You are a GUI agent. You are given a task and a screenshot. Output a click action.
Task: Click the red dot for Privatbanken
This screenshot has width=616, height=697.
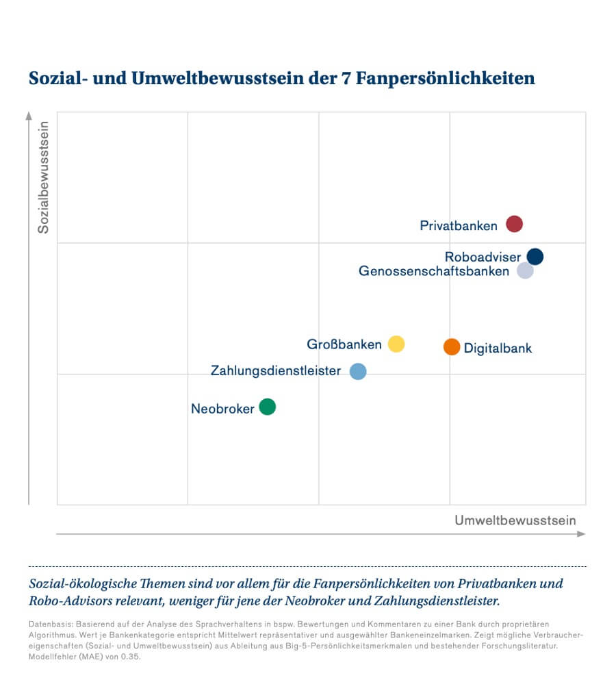click(514, 224)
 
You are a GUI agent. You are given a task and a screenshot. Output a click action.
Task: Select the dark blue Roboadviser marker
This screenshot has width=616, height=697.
click(535, 257)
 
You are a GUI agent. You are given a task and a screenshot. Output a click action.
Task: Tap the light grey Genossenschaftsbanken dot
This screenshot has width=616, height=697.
click(525, 270)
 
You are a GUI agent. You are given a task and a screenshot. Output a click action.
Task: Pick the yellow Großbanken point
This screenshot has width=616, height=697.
click(396, 344)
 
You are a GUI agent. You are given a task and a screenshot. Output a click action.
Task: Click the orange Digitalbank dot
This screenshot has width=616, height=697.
click(452, 347)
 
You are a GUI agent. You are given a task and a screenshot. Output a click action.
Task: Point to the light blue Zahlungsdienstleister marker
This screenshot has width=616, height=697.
click(358, 371)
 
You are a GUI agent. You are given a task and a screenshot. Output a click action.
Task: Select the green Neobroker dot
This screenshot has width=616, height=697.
click(268, 407)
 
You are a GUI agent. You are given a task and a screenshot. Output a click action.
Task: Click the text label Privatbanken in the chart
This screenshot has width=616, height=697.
click(459, 226)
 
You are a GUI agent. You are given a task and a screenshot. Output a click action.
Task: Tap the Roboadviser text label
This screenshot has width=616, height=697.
click(483, 257)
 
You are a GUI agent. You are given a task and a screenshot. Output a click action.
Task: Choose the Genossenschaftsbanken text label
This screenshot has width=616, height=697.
click(434, 271)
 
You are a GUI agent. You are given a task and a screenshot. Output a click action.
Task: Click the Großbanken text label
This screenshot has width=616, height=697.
click(344, 344)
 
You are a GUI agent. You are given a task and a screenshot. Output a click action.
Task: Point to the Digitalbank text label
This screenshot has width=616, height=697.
click(498, 348)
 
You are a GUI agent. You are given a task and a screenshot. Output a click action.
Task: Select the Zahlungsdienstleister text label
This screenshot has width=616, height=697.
click(276, 371)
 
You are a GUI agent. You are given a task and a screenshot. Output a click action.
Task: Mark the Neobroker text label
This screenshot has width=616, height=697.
click(222, 409)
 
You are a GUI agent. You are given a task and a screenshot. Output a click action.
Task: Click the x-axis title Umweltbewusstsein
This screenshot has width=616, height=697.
click(515, 520)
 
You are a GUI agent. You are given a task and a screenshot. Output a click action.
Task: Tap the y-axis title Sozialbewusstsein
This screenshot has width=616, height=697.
click(44, 177)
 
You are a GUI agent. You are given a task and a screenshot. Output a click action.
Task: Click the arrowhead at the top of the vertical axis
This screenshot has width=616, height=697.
click(29, 114)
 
